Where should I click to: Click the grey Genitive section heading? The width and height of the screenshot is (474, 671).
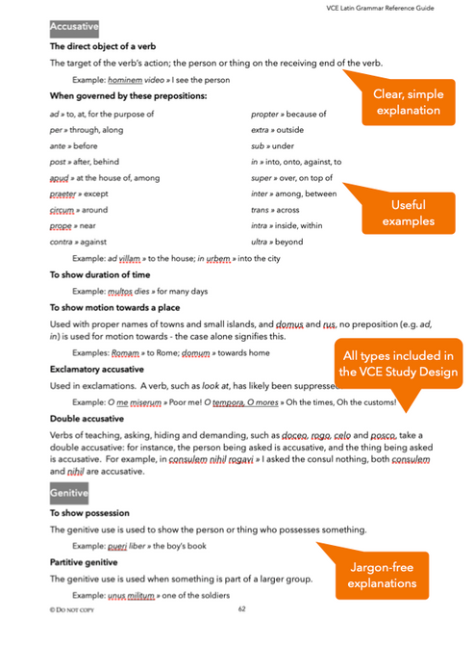click(x=68, y=494)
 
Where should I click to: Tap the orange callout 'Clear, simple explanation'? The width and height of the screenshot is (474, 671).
click(x=407, y=102)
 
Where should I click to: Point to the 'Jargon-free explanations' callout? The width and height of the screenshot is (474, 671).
click(x=383, y=575)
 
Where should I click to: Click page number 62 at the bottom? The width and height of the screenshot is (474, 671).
click(x=241, y=608)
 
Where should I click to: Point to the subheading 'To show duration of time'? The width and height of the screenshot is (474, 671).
click(x=97, y=274)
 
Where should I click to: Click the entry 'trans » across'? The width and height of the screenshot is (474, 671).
click(x=275, y=210)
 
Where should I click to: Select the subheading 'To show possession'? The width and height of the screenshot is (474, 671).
click(x=89, y=514)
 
